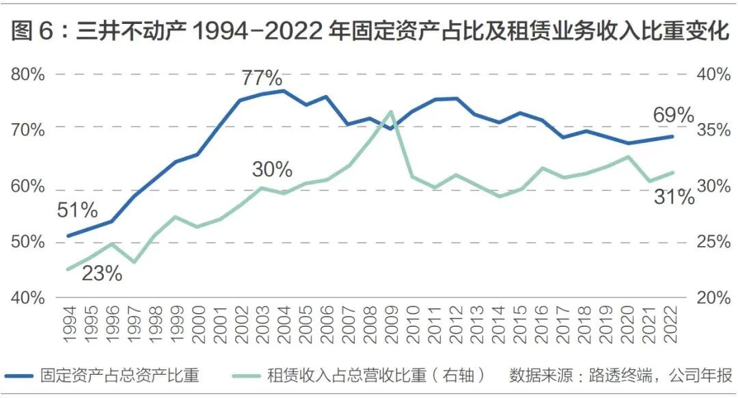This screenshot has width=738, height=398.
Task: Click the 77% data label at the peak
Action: (262, 77)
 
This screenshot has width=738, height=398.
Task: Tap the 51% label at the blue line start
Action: (77, 211)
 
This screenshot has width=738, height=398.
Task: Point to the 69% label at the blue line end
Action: (673, 115)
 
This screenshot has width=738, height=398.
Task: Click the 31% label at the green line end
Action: (674, 198)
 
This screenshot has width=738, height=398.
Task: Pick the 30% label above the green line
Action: (272, 169)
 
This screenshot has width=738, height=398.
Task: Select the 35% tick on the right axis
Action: (713, 130)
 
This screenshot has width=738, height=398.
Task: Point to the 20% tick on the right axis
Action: (713, 298)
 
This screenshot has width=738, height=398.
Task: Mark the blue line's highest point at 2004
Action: (283, 90)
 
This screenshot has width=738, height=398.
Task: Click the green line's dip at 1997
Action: (133, 262)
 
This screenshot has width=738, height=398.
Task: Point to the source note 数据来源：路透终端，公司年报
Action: (620, 375)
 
